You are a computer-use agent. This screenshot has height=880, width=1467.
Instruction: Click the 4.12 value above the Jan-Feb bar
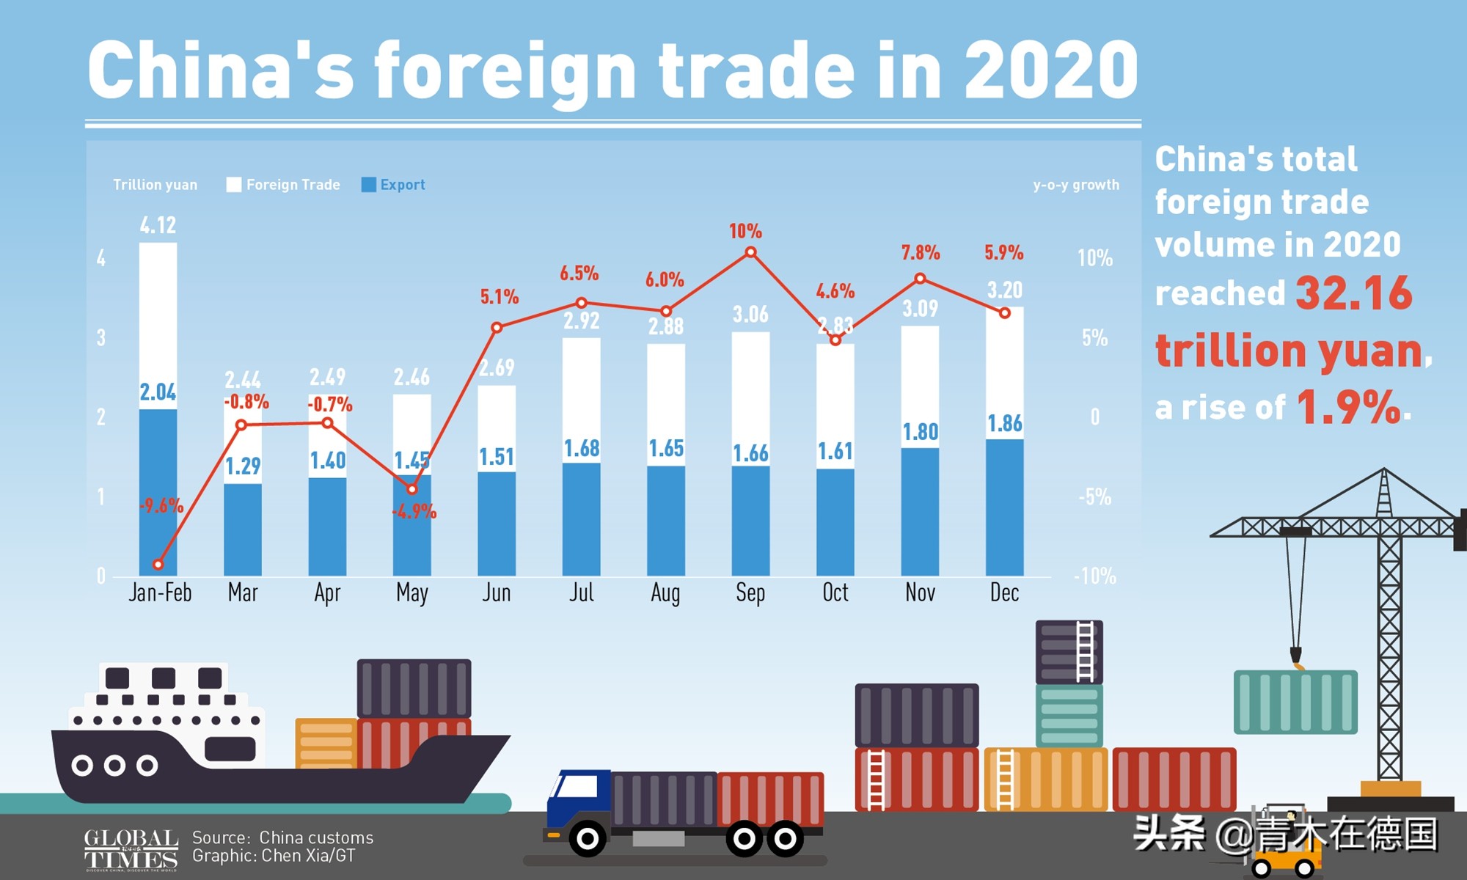(x=158, y=225)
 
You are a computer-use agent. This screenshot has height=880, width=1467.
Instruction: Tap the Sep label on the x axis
(x=750, y=593)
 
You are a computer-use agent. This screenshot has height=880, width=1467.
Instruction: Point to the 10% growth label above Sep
(x=745, y=232)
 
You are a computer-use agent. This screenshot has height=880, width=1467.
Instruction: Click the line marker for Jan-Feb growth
(x=158, y=565)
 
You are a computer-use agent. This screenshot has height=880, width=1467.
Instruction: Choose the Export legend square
(x=368, y=185)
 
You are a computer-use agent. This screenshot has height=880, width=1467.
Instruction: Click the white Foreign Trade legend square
(x=234, y=185)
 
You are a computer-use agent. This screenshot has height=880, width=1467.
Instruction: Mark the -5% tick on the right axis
(x=1094, y=497)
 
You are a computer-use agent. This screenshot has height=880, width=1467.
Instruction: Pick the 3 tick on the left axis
(x=101, y=338)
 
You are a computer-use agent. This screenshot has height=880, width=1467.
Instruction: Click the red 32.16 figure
(x=1353, y=293)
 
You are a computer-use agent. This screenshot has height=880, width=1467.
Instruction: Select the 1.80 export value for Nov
(x=920, y=432)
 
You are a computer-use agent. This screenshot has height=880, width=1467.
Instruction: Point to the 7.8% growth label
(x=920, y=253)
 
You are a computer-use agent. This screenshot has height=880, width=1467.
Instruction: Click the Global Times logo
(x=131, y=849)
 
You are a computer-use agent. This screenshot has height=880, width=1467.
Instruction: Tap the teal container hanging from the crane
(x=1295, y=702)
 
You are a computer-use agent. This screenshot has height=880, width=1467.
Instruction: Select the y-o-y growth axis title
(x=1076, y=185)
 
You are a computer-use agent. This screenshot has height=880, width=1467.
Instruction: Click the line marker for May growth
(x=412, y=489)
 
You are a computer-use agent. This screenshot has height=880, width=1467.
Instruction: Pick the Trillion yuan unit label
(x=155, y=185)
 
